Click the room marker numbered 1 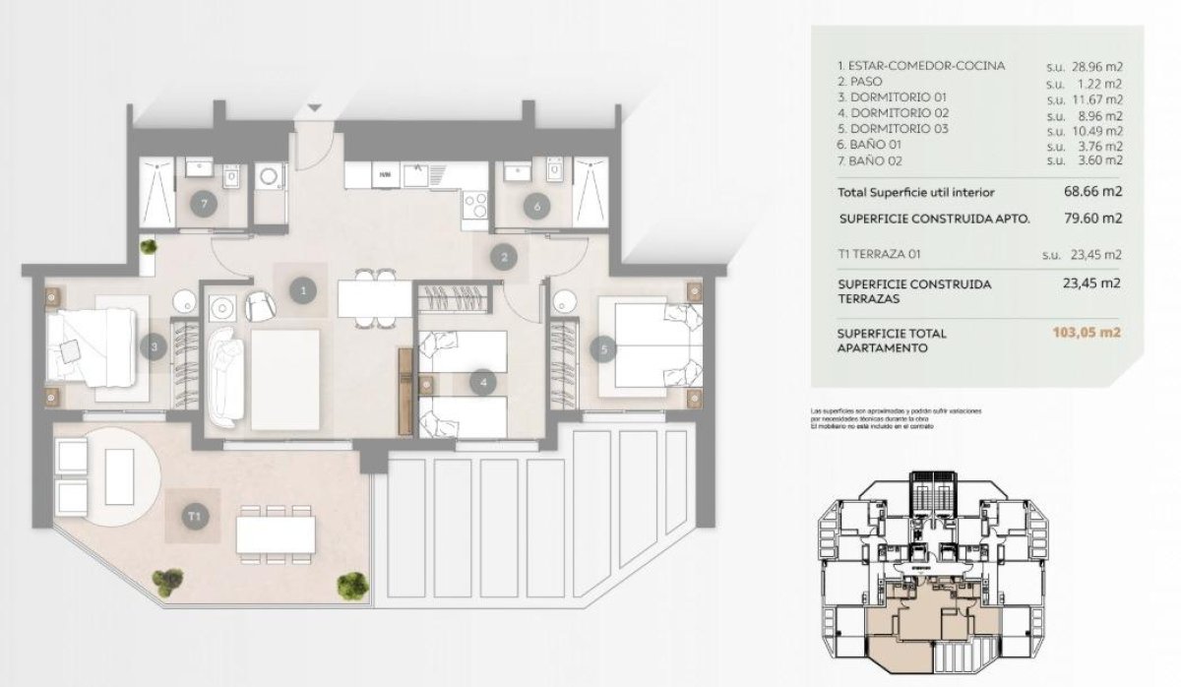click(x=304, y=289)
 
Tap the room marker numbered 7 click(x=204, y=205)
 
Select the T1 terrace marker click(x=194, y=515)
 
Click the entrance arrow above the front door click(x=314, y=108)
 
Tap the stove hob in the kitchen click(x=475, y=205)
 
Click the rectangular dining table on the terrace click(x=276, y=534)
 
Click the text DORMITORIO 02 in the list click(x=893, y=113)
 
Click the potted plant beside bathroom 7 click(x=148, y=248)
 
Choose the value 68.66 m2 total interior click(x=1091, y=192)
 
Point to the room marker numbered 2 click(x=504, y=258)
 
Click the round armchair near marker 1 click(x=260, y=306)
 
